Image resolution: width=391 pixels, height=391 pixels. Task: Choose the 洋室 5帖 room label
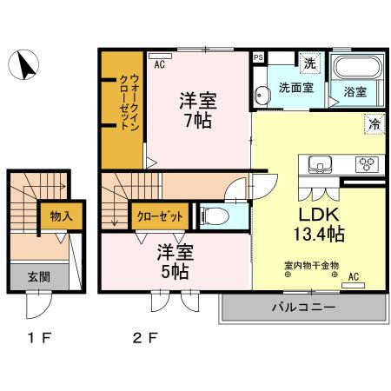pyautogui.click(x=174, y=262)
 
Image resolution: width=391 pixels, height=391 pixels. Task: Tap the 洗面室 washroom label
pyautogui.click(x=295, y=88)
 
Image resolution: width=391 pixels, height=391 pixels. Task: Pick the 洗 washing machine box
pyautogui.click(x=309, y=63)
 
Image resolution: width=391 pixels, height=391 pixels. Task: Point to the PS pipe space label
pyautogui.click(x=258, y=57)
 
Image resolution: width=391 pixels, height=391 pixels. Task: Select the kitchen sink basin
pyautogui.click(x=317, y=163)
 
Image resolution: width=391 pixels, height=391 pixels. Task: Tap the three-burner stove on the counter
pyautogui.click(x=365, y=163)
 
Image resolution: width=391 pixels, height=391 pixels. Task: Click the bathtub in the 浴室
pyautogui.click(x=356, y=69)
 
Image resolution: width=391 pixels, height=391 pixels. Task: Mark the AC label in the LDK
pyautogui.click(x=354, y=278)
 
